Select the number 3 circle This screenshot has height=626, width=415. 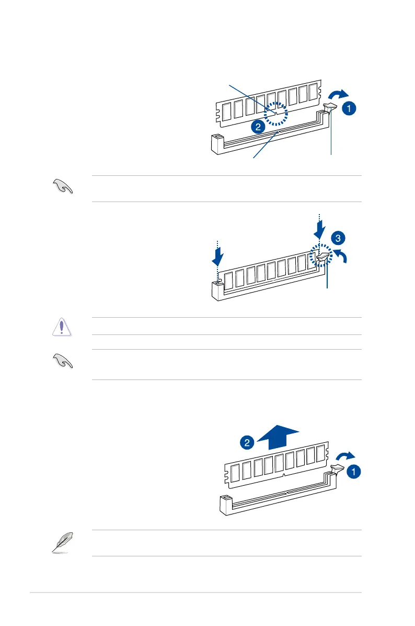click(338, 239)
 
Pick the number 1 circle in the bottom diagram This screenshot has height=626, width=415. click(354, 472)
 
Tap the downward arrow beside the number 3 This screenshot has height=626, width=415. click(320, 228)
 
